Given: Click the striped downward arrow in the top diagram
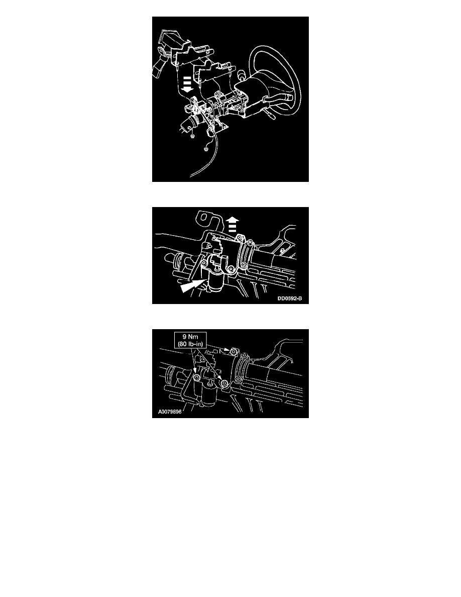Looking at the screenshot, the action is [187, 84].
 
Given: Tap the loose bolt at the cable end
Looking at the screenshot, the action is [206, 148].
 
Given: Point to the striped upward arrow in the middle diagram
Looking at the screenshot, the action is [233, 225].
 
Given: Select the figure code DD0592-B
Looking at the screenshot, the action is [289, 298].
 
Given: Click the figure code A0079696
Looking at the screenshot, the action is [170, 412].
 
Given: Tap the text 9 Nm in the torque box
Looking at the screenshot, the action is [190, 337].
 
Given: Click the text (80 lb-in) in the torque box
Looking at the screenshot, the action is [190, 344].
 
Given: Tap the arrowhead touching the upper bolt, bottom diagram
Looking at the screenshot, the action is [226, 349].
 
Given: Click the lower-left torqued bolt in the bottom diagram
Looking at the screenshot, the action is [197, 377].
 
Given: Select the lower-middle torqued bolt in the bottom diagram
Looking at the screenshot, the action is [224, 382].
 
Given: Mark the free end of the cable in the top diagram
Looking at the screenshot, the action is [191, 176].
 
